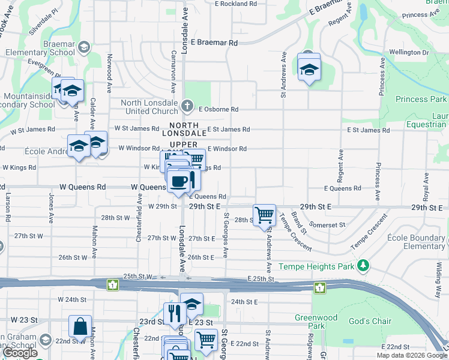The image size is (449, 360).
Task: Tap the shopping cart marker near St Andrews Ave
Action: (264, 214)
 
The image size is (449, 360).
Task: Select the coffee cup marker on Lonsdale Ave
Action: (178, 182)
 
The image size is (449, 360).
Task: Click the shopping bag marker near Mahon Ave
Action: (80, 327)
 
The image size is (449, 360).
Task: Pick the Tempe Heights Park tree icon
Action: (363, 265)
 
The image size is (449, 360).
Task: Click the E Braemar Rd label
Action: (214, 43)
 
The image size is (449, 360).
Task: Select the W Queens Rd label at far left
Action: (83, 187)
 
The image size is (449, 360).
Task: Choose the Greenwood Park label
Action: (310, 322)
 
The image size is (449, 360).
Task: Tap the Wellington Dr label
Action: (409, 53)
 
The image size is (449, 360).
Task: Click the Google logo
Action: (20, 353)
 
